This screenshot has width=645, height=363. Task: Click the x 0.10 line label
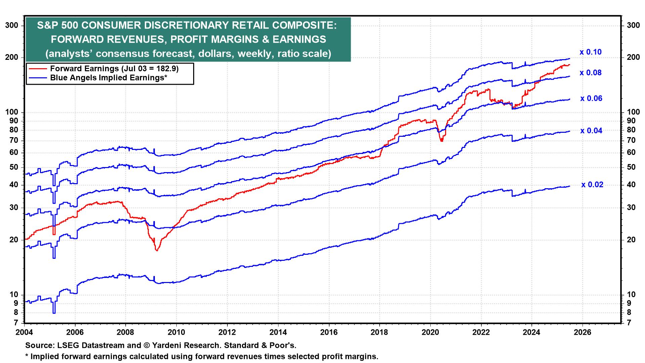[x=590, y=52]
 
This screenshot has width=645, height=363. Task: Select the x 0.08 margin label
[x=590, y=73]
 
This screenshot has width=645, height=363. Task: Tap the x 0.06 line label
[x=591, y=98]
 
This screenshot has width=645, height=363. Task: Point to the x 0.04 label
[x=591, y=131]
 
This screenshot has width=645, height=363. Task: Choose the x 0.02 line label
[x=592, y=185]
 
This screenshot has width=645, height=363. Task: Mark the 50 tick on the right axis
[x=631, y=167]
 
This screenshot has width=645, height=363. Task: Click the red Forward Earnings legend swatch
[x=38, y=69]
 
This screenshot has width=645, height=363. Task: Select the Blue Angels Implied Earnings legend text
[x=109, y=78]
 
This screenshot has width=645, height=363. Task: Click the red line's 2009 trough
[x=157, y=250]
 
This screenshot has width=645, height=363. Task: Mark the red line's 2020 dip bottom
[x=441, y=141]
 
